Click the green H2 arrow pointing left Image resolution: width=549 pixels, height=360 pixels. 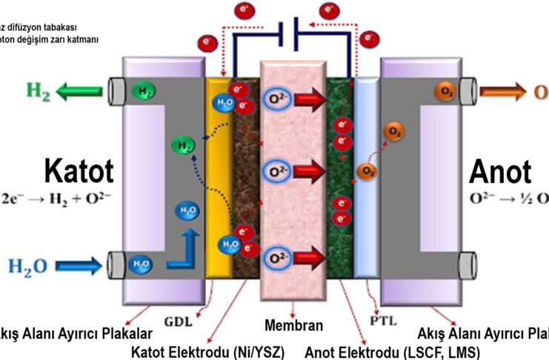[81, 92]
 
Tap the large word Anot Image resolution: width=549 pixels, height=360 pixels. [500, 172]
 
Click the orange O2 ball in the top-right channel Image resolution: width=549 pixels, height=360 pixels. [443, 91]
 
